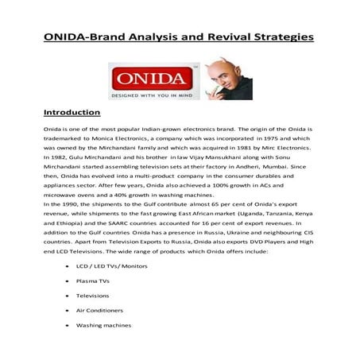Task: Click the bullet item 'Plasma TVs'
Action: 91,281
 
